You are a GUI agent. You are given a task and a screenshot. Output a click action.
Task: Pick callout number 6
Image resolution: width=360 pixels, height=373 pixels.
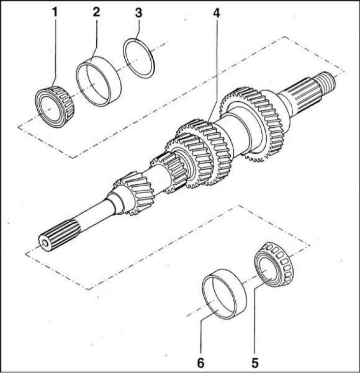tap(201, 363)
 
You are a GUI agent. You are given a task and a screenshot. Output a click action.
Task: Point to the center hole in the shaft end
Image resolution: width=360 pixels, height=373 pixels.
tap(46, 242)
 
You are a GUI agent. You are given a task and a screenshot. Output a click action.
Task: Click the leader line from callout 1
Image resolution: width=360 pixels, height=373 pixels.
tap(55, 49)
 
